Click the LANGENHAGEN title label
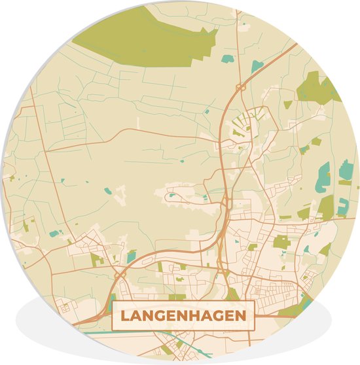pos(183,316)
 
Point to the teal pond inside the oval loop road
pos(171,194)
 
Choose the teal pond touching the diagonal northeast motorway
pos(257,66)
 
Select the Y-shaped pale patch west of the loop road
pos(120,192)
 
